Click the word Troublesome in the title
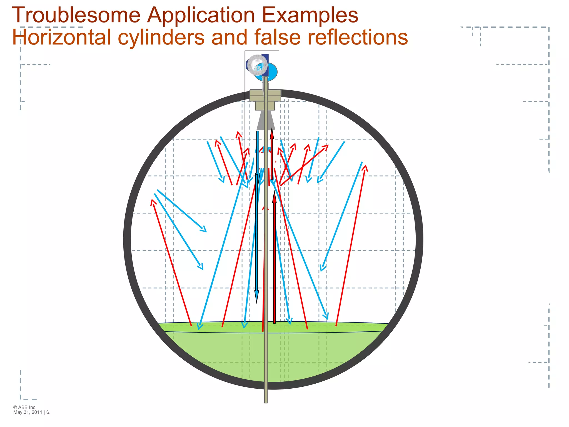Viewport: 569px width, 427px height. pos(76,15)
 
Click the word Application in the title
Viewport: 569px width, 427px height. pos(201,15)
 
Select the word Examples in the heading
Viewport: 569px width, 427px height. pos(310,15)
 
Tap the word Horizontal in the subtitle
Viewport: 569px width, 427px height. pos(61,37)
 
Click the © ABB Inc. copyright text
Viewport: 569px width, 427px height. pos(25,407)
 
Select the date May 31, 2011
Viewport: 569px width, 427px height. pos(28,412)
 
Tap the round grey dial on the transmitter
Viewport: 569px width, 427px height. pos(257,64)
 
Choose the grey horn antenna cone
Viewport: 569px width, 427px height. pos(266,121)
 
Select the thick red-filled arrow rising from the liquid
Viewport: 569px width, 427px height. pos(274,259)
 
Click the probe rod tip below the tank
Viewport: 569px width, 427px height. pos(266,400)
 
